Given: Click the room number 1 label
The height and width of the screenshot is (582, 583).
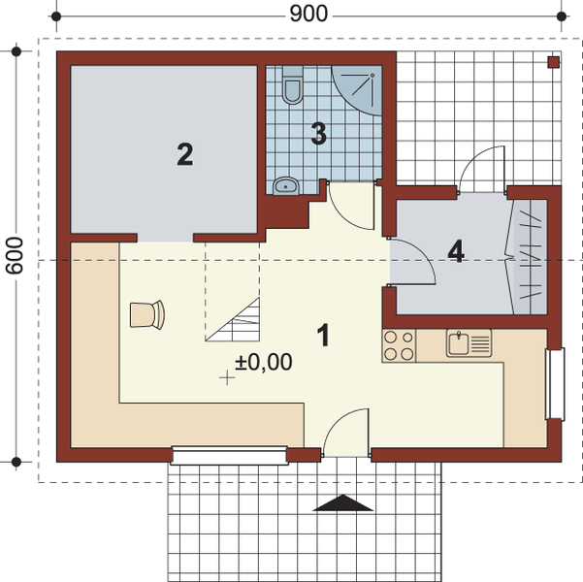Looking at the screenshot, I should coord(324,336).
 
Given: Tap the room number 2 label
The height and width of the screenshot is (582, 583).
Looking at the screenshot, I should coord(184,153).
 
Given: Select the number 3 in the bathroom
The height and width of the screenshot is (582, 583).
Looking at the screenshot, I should coord(318,134).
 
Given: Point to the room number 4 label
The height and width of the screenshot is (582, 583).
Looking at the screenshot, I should coord(456,250).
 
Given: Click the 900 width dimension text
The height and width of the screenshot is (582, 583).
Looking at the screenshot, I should coord(309,14).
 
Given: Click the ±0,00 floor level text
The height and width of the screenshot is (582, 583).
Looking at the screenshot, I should coord(263,363).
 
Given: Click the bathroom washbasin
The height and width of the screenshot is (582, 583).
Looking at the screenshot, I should coord(285,184).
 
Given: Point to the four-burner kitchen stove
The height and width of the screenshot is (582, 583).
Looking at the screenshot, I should coord(399,346).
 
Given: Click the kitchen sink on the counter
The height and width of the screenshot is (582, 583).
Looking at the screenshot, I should coord(468,342).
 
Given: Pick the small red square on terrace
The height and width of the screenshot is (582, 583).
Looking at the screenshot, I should coord(553,62).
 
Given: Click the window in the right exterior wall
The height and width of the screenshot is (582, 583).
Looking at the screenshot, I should coord(555,384).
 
